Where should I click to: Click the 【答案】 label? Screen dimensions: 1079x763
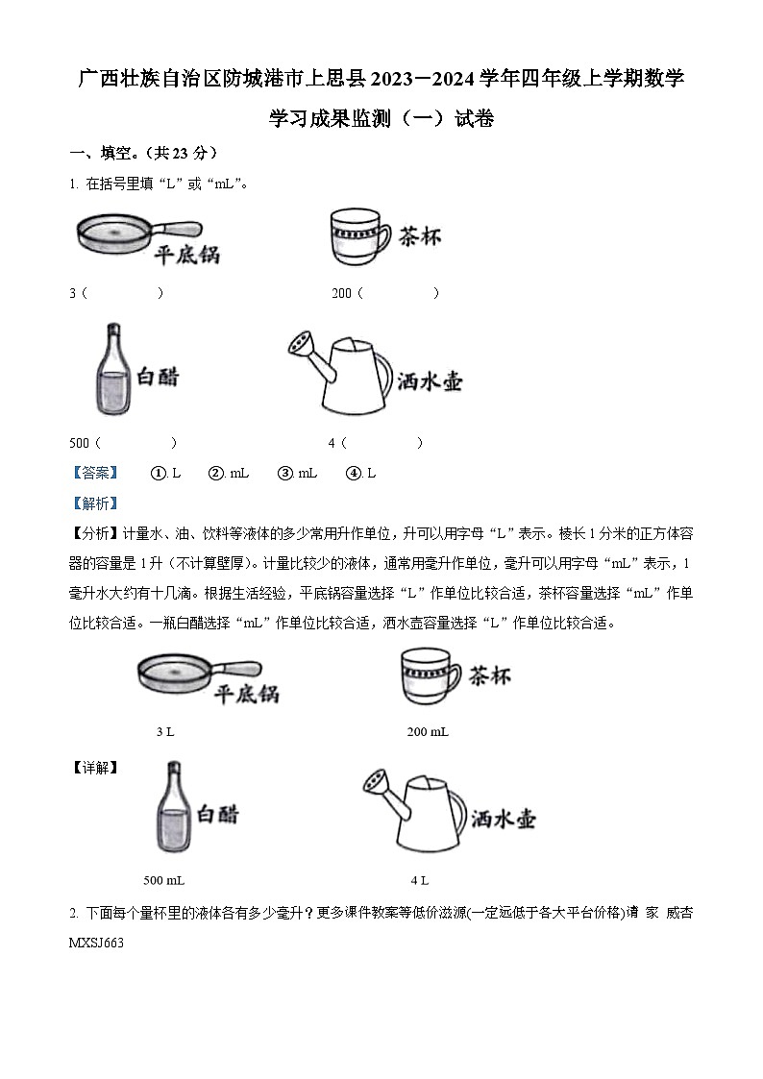[94, 473]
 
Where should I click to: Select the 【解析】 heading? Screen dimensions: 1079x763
[94, 503]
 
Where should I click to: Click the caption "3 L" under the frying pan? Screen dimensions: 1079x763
[165, 732]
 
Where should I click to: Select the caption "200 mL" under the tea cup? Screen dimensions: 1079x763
[428, 732]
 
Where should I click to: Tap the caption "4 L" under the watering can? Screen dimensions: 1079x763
[419, 880]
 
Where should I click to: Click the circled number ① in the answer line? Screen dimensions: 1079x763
[159, 473]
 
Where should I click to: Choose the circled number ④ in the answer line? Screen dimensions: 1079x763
[353, 473]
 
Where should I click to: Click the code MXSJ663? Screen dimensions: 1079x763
[97, 944]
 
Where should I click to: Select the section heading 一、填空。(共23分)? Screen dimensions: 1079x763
[144, 153]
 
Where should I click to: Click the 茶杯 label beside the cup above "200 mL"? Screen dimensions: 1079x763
[489, 679]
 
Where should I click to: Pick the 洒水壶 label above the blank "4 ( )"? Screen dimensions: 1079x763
[430, 381]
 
